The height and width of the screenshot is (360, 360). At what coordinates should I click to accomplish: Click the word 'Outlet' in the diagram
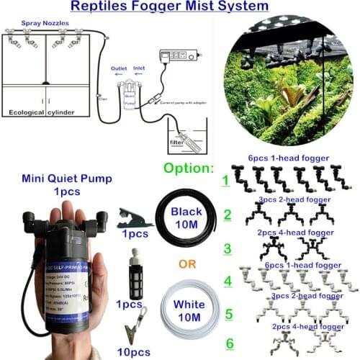click(120, 70)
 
